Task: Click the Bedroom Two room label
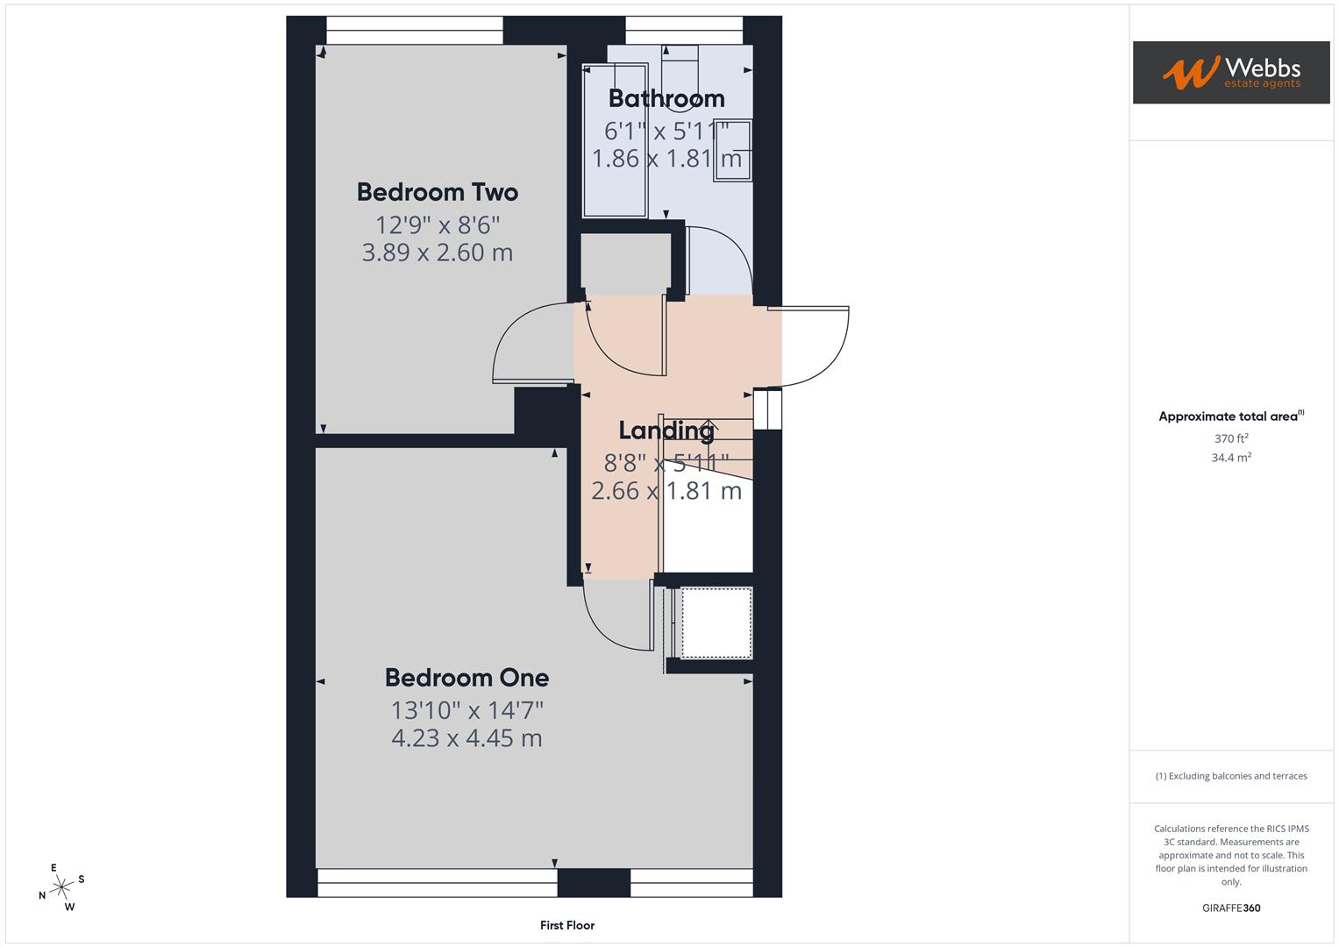click(437, 192)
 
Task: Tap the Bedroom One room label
click(467, 677)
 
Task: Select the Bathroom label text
click(666, 98)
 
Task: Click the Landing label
click(666, 430)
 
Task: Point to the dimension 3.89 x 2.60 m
click(437, 253)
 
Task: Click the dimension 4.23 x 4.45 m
click(467, 738)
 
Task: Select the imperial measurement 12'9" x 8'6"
click(437, 224)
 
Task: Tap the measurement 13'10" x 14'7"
click(467, 708)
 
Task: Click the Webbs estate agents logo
click(1230, 73)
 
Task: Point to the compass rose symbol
click(61, 887)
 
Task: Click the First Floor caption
click(566, 925)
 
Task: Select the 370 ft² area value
click(1230, 438)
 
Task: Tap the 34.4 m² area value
click(1230, 457)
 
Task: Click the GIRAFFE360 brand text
click(1230, 908)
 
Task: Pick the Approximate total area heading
click(1230, 417)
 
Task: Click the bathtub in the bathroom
click(615, 140)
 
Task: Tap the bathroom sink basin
click(733, 149)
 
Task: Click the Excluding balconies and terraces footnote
click(1230, 776)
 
